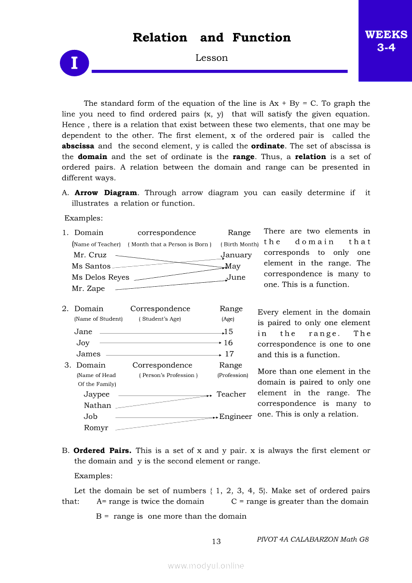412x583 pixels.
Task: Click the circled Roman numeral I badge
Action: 74,63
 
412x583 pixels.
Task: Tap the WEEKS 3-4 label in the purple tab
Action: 386,41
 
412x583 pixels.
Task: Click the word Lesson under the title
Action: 211,58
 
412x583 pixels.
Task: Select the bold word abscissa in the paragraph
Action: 78,146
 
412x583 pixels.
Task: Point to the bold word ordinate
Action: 267,146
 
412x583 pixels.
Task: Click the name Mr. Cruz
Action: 90,255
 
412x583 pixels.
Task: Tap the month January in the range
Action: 236,255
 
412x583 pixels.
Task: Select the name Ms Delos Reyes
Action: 100,277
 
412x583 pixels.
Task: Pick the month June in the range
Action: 236,277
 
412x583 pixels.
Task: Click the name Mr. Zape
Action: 88,288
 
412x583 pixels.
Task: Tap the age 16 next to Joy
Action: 228,343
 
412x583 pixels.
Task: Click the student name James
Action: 88,354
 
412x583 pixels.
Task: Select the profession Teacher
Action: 231,394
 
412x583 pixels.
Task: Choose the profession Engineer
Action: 235,416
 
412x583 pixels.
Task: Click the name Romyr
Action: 96,428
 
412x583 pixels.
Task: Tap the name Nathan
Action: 97,405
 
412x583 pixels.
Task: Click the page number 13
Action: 216,542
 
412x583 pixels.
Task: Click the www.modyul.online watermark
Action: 206,566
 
